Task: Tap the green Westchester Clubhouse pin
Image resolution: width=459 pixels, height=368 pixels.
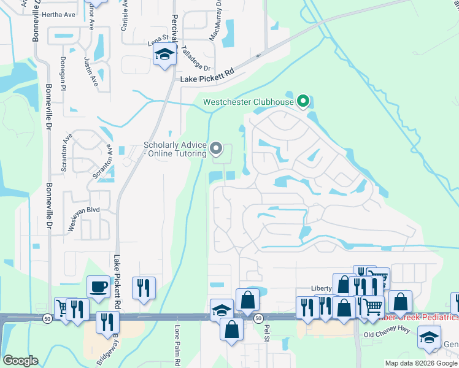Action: (x=303, y=101)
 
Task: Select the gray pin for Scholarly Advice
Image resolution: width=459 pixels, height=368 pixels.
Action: (x=215, y=148)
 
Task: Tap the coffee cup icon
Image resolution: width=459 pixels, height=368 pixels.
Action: (x=98, y=286)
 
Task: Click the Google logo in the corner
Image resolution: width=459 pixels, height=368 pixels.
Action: (x=20, y=361)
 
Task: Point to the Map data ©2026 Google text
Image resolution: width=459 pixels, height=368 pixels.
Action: (x=420, y=363)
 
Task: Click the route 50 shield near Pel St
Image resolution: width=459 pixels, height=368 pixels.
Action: (x=258, y=318)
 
